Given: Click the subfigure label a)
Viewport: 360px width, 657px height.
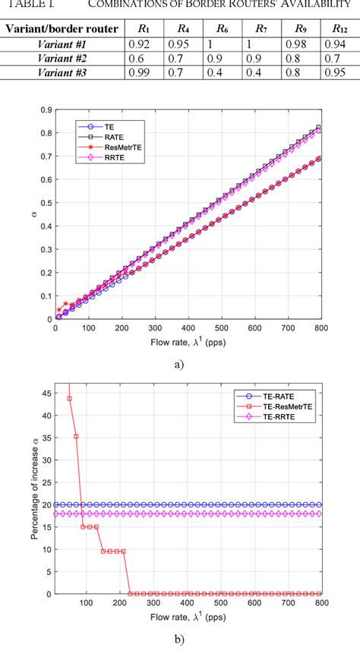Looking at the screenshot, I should pos(179,364).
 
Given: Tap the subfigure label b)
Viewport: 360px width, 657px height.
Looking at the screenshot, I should pos(179,640).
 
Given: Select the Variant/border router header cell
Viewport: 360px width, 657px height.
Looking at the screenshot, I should pos(61,30).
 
